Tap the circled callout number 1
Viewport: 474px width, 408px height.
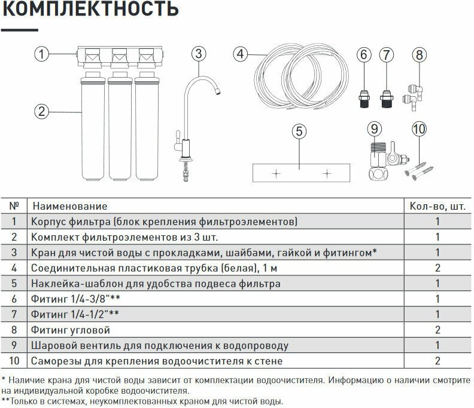coord(41,55)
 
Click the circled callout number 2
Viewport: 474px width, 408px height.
coord(41,111)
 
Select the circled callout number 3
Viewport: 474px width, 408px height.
coord(200,54)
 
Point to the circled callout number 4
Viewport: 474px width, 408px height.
coord(241,54)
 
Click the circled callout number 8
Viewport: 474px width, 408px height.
coord(419,55)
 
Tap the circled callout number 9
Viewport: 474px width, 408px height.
coord(374,128)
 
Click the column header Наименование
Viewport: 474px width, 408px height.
coord(70,206)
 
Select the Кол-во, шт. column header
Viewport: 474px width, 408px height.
coord(437,206)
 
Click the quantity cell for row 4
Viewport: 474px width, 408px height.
coord(437,268)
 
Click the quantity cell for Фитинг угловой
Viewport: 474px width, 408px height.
coord(437,330)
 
